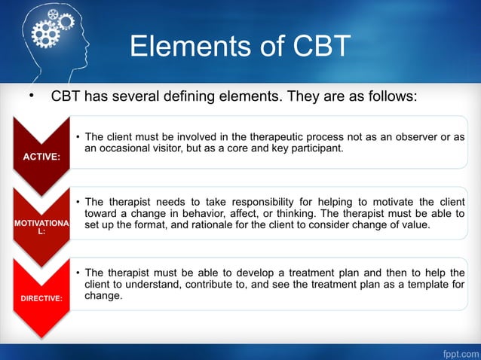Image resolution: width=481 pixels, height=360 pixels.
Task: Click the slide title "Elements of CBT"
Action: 240,46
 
